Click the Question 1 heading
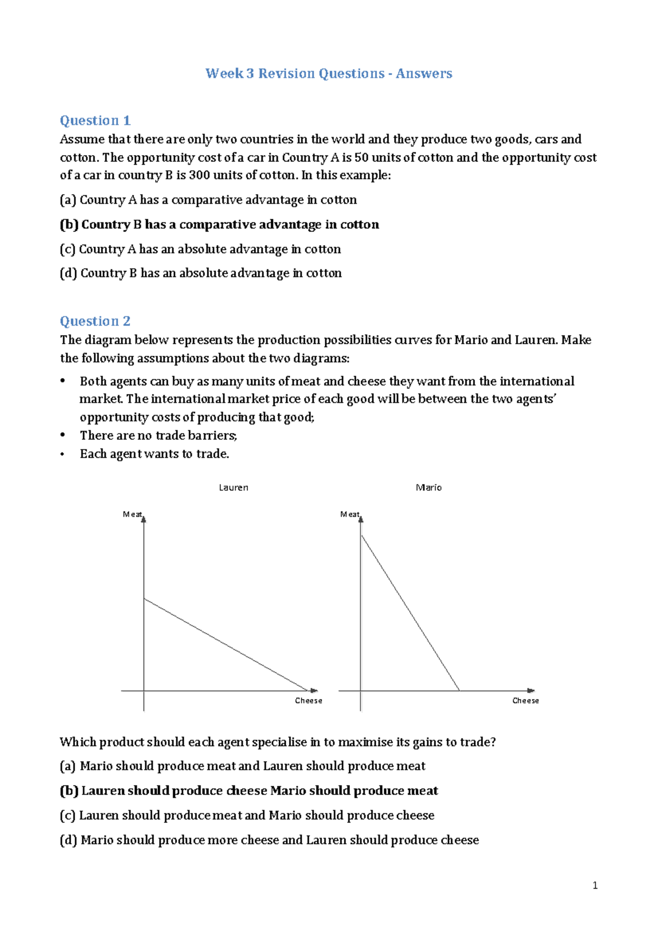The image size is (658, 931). (x=95, y=121)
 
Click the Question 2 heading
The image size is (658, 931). (x=95, y=321)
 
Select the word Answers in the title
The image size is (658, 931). (x=424, y=73)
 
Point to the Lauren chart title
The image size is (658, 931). (x=234, y=487)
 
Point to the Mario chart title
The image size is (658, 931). (x=429, y=487)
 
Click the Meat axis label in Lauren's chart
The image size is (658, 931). (x=132, y=514)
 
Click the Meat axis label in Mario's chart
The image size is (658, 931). (x=349, y=514)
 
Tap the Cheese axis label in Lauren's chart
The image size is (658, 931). (x=309, y=701)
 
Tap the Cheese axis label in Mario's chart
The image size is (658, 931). (x=525, y=701)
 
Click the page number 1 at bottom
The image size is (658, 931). (x=595, y=885)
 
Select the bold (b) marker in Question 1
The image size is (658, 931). (x=69, y=225)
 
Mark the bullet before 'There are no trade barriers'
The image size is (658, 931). (x=63, y=435)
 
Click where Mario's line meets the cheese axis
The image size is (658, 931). (x=459, y=690)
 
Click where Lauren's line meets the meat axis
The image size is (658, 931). (x=144, y=599)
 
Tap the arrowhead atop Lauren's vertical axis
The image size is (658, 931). (x=144, y=518)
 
